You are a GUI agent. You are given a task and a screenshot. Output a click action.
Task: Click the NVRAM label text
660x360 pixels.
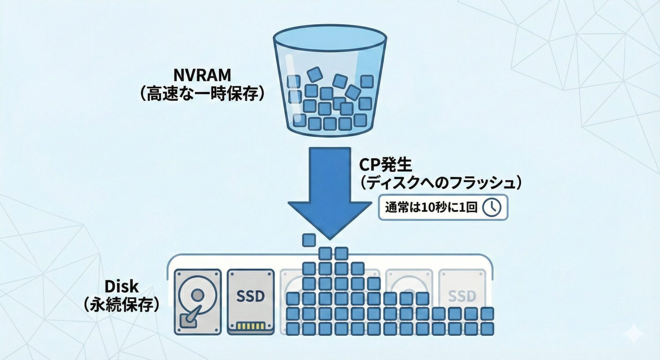202,75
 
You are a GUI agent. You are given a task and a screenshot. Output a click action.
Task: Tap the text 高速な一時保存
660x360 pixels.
202,94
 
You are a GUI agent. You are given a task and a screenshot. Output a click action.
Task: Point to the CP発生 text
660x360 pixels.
385,165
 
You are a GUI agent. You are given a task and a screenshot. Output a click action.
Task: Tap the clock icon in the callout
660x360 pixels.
492,207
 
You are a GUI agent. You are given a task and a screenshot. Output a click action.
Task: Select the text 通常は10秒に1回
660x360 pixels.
431,207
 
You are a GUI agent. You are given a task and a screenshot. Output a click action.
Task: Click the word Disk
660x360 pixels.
121,286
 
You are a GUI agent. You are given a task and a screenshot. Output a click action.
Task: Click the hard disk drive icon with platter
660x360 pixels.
197,302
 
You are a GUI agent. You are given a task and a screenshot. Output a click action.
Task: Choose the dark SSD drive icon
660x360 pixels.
251,302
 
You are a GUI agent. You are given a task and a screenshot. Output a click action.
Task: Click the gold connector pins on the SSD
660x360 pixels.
251,326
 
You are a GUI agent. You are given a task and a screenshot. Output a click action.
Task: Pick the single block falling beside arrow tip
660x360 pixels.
309,240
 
